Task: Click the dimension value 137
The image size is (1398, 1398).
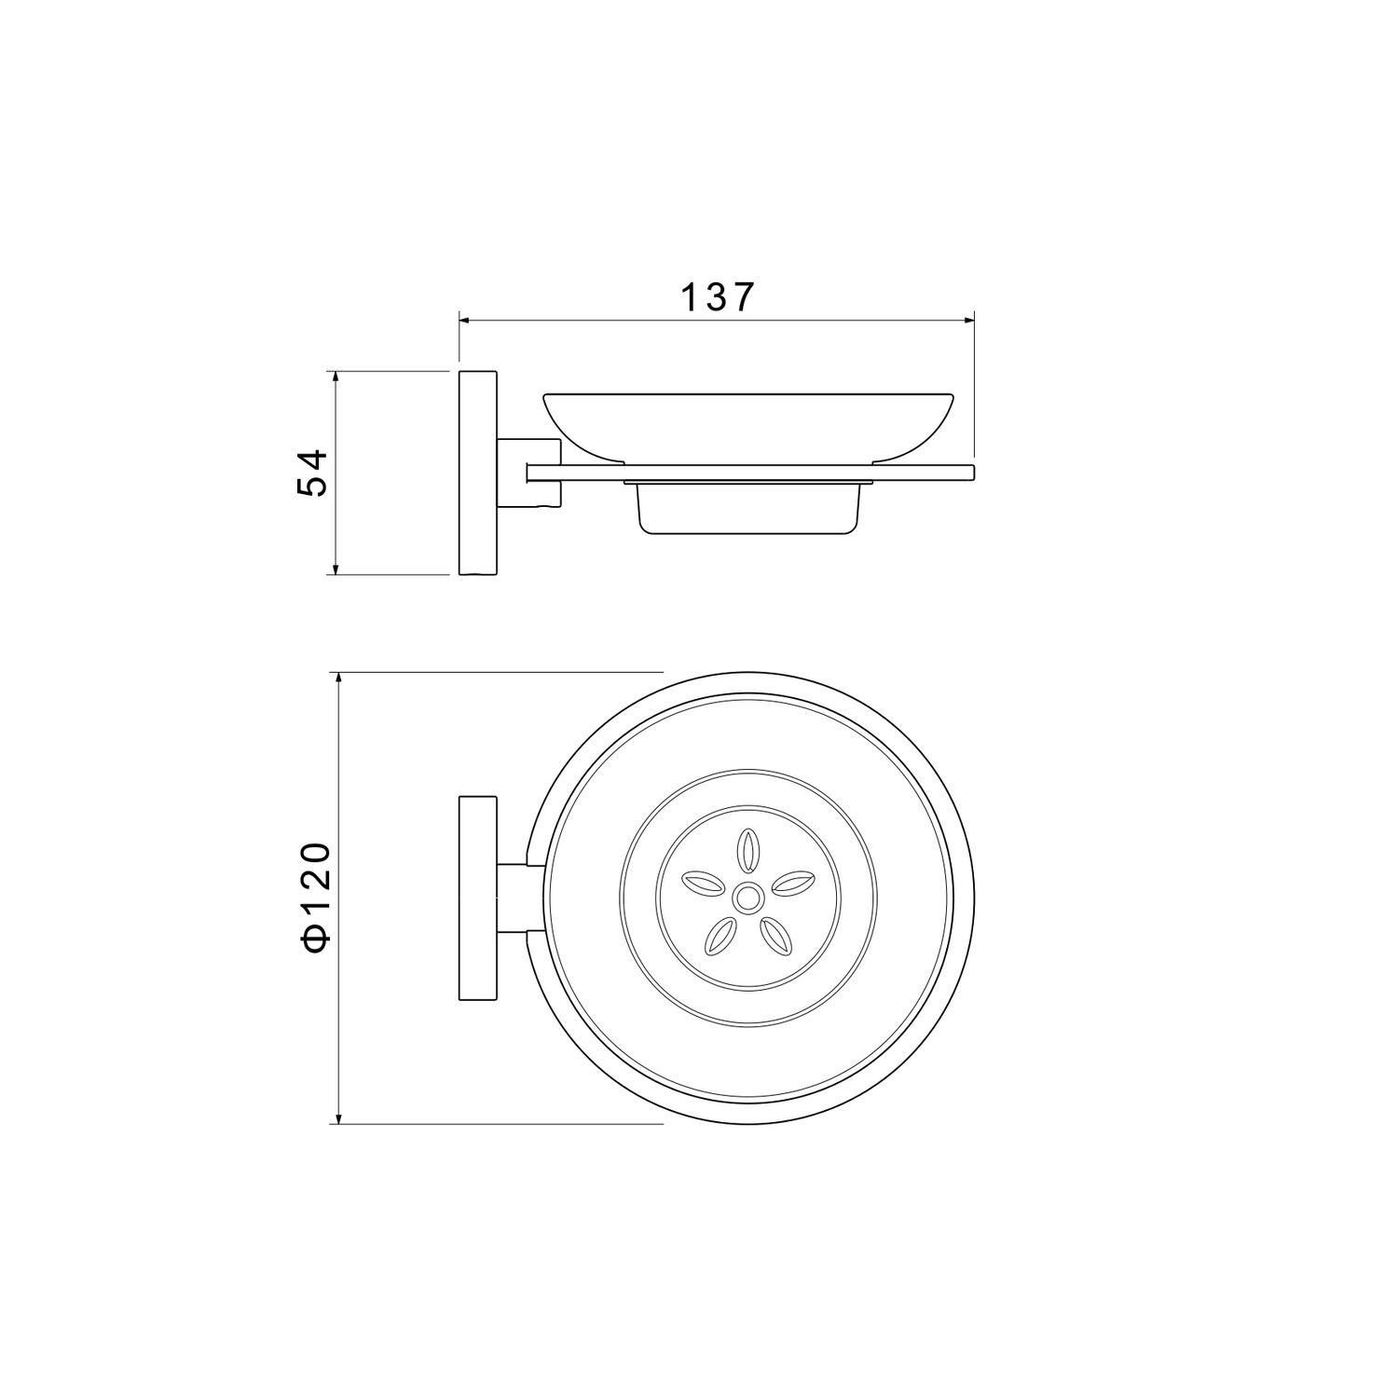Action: (716, 297)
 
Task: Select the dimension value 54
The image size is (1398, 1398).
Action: (312, 473)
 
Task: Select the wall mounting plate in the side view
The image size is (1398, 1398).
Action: (478, 473)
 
